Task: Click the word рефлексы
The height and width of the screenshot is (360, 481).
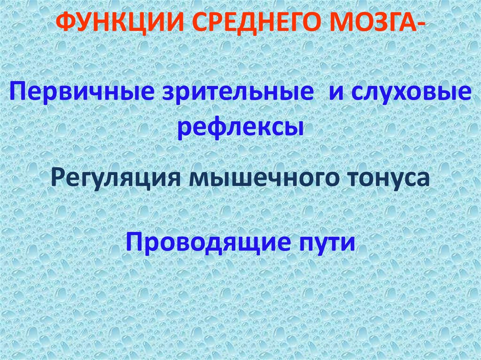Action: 240,127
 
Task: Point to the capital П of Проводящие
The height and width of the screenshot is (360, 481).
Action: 132,242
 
